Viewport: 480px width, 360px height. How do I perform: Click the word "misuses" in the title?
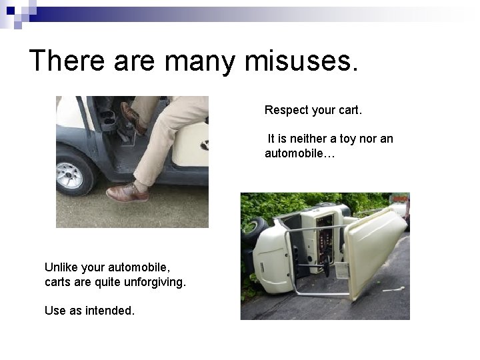click(x=301, y=61)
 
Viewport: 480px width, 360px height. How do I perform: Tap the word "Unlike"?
click(x=63, y=267)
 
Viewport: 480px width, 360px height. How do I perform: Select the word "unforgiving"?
click(x=153, y=282)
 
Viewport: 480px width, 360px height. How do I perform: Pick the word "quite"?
click(x=105, y=282)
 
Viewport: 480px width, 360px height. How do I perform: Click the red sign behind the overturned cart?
click(x=401, y=199)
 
